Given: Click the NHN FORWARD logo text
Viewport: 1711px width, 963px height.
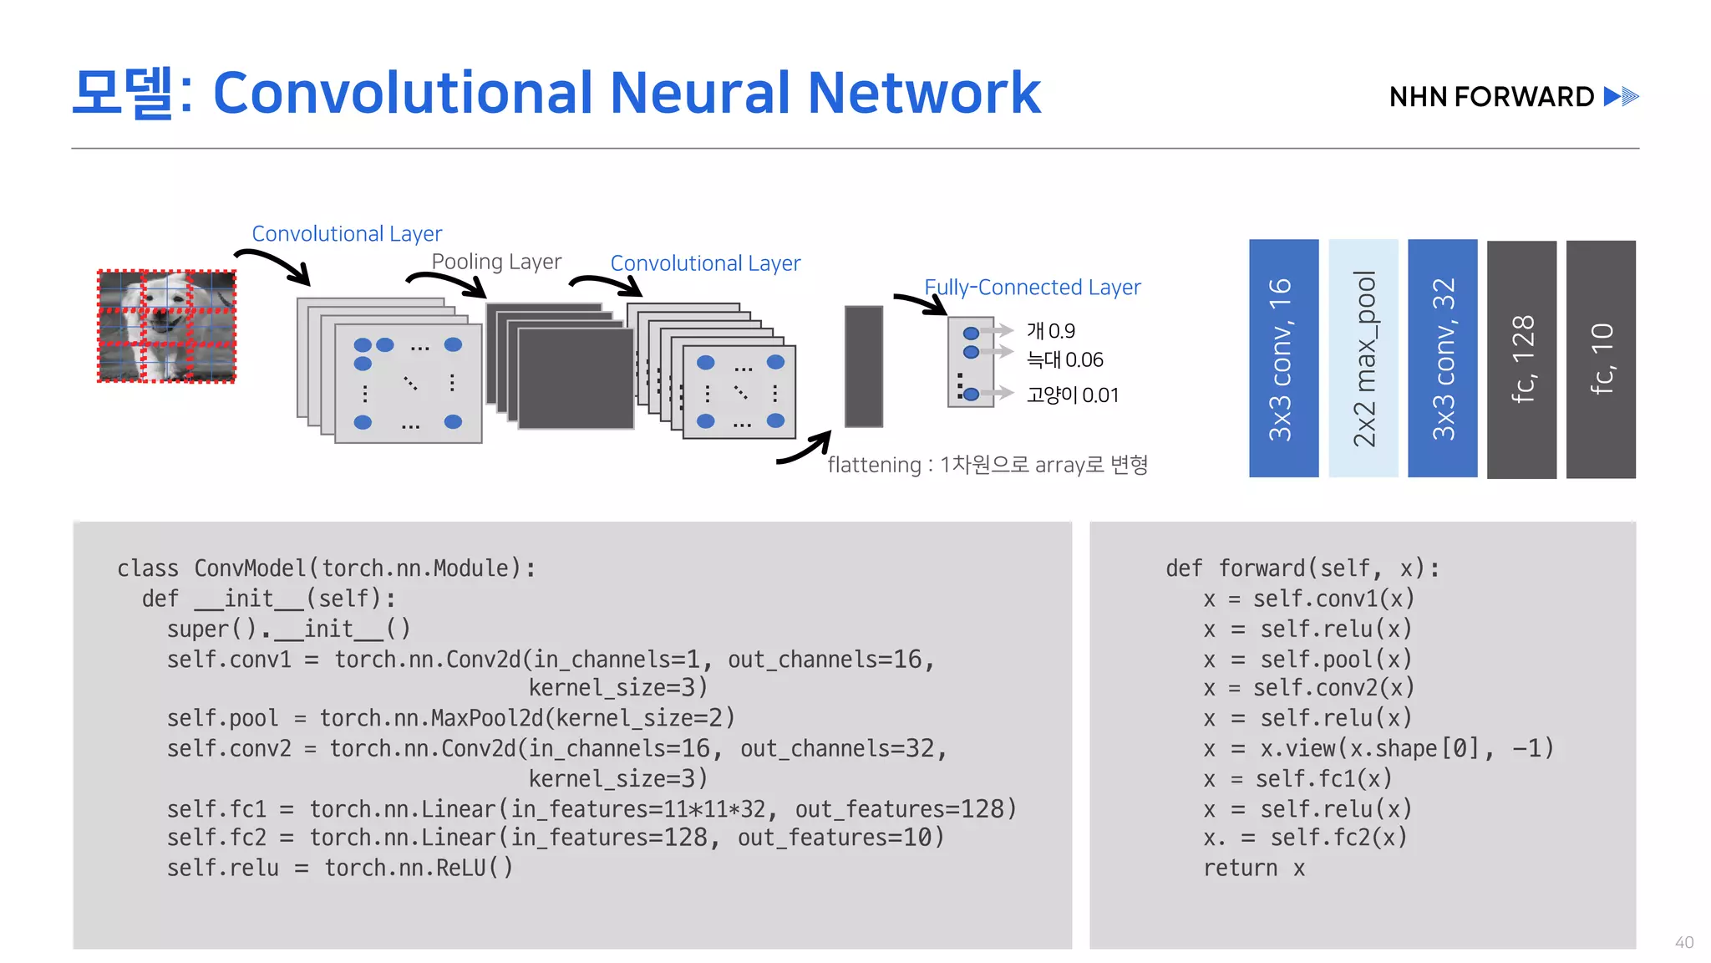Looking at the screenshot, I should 1492,97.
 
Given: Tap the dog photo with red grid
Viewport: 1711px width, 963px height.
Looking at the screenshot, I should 167,326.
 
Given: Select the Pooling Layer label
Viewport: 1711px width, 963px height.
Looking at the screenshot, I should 496,262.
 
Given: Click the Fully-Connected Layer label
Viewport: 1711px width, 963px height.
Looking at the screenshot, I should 1032,288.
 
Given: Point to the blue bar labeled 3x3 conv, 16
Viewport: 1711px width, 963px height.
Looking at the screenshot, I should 1283,358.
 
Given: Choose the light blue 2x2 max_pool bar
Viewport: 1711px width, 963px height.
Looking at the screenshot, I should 1363,358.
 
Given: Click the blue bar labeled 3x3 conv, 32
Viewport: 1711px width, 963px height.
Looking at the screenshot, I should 1442,358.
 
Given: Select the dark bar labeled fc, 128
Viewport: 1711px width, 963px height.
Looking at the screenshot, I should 1521,359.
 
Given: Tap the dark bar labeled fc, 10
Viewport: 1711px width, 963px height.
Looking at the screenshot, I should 1601,359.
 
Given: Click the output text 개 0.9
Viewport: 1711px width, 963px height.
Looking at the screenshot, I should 1050,331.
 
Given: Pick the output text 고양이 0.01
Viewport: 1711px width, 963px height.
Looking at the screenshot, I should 1072,395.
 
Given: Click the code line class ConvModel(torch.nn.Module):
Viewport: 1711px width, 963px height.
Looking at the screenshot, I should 326,568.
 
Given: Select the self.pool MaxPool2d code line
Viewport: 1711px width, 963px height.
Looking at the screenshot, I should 450,718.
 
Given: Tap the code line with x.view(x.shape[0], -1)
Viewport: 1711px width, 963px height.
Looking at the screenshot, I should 1378,748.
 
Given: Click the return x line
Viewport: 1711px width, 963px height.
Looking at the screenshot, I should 1254,869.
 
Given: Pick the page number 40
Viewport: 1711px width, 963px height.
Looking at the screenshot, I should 1683,942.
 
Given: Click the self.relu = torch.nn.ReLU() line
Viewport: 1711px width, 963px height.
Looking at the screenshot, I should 339,869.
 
